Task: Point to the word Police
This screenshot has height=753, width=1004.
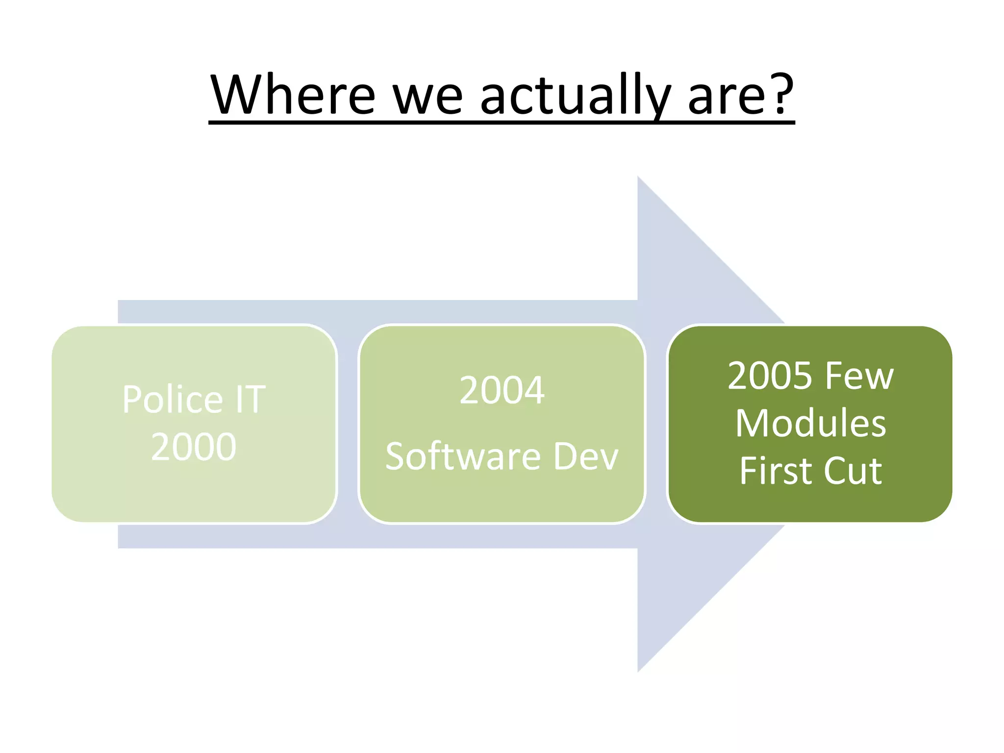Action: coord(173,399)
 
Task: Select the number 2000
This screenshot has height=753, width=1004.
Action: coord(194,447)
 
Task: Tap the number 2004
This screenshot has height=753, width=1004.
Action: coord(502,390)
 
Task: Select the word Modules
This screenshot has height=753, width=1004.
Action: coord(810,423)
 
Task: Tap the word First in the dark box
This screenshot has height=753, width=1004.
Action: coord(774,471)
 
